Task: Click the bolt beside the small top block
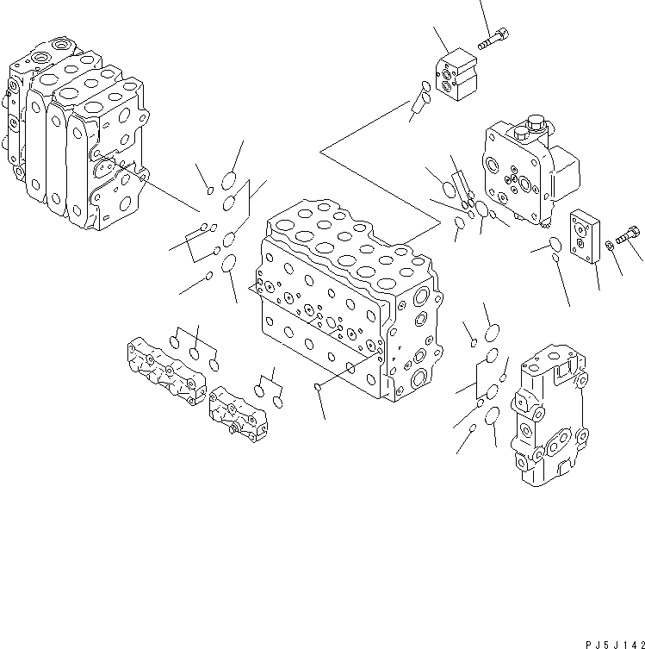(x=493, y=39)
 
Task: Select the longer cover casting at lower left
(x=168, y=371)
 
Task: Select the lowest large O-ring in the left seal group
(x=230, y=263)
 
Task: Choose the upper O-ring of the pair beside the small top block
(x=426, y=86)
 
